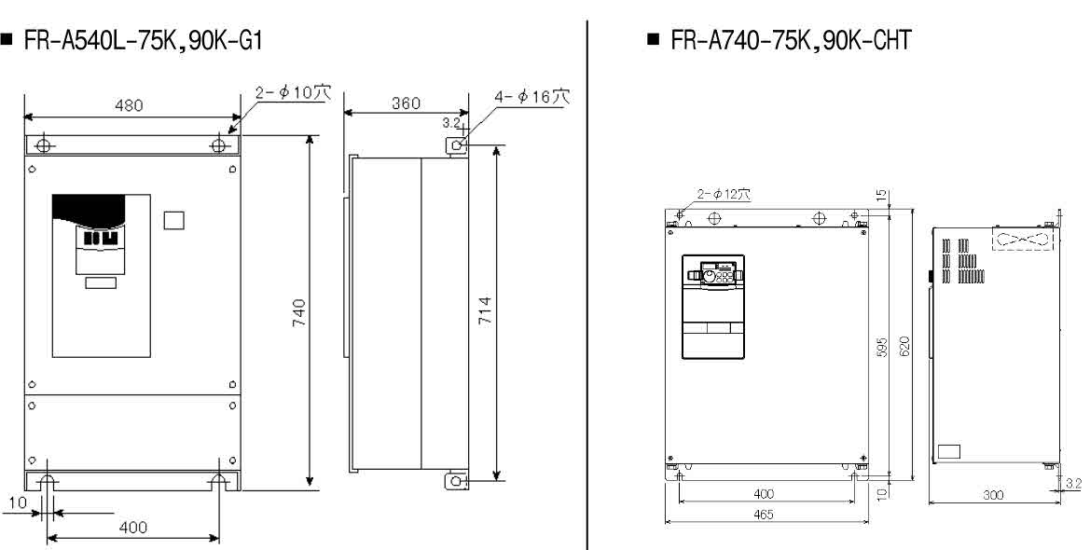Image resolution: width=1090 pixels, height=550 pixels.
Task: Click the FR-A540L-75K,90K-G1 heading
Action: coord(144,41)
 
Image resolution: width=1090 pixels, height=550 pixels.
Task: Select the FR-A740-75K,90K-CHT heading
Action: coord(791,40)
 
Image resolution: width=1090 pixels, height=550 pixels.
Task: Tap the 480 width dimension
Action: coord(129,105)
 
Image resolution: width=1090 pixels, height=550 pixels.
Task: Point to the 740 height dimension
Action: coord(299,313)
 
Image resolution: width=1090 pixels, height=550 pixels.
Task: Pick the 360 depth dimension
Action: coord(406,103)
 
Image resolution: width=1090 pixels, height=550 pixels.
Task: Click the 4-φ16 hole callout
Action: coord(531,96)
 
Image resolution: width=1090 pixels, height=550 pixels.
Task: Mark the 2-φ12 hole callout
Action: coord(724,195)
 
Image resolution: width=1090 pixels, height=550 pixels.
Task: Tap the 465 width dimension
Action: coord(764,515)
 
